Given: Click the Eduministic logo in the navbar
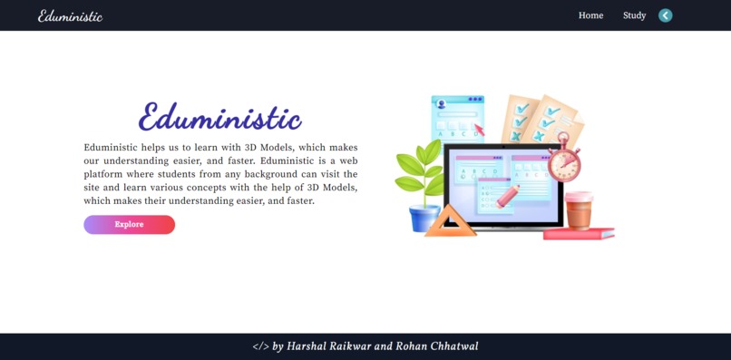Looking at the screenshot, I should (70, 15).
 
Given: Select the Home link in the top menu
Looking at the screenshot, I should (590, 15).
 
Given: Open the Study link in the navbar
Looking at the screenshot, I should (634, 15).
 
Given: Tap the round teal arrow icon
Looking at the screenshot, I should (666, 15).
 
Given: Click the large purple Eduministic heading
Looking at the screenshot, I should (219, 118).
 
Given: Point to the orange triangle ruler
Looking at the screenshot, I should (450, 223).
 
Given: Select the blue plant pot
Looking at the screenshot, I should (424, 219).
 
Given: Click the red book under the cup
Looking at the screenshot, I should (579, 234).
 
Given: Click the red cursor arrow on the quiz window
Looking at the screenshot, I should (479, 129).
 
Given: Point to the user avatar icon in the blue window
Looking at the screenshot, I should (442, 104).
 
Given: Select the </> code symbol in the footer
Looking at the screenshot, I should (260, 346).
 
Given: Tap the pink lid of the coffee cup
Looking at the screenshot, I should (579, 197).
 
